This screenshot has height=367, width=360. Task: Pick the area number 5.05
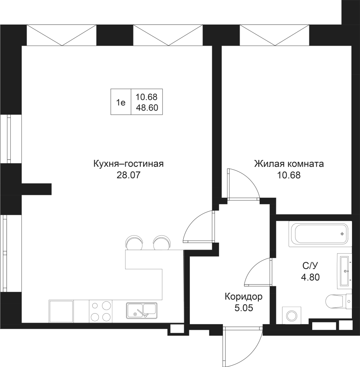point(243,308)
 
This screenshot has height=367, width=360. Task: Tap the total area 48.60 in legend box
point(147,108)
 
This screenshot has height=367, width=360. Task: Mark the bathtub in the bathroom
point(319,234)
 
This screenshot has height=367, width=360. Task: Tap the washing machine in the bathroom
point(291,316)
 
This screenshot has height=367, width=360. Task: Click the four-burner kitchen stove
point(100,311)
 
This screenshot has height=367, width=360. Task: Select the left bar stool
point(134,243)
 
